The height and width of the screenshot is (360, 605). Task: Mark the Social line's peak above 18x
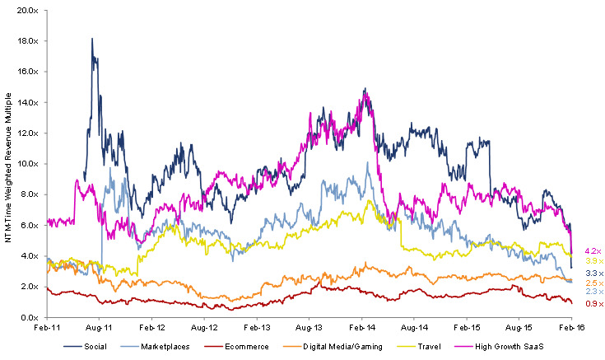click(x=92, y=39)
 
